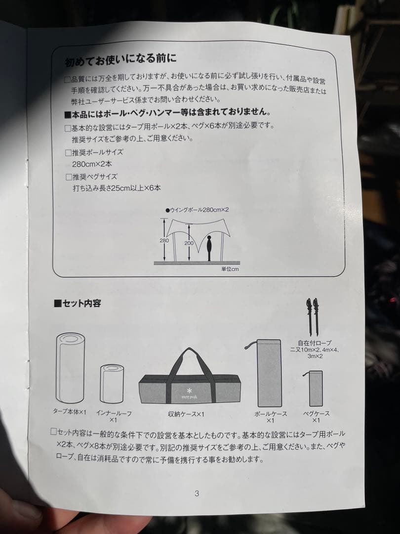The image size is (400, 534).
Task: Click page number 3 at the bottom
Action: pyautogui.click(x=197, y=493)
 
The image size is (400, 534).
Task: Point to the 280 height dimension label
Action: pyautogui.click(x=164, y=240)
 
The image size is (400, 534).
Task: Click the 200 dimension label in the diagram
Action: pyautogui.click(x=189, y=243)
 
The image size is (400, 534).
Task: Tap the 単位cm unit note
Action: pyautogui.click(x=230, y=269)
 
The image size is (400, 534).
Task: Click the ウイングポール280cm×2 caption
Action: pyautogui.click(x=197, y=210)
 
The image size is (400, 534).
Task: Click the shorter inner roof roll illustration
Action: pyautogui.click(x=112, y=384)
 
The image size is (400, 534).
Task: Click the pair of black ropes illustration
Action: pyautogui.click(x=312, y=316)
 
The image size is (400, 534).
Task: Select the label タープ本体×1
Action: pyautogui.click(x=70, y=411)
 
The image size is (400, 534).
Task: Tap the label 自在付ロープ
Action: pyautogui.click(x=315, y=343)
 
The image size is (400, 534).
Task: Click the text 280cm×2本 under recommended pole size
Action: pyautogui.click(x=93, y=164)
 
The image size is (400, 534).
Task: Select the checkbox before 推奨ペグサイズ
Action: pyautogui.click(x=68, y=177)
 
